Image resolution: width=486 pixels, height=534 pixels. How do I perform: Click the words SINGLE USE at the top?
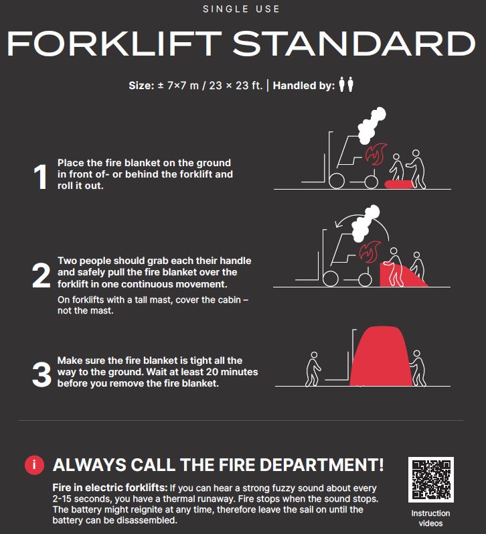pos(242,9)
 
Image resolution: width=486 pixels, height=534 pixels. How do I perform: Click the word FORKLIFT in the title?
pos(114,44)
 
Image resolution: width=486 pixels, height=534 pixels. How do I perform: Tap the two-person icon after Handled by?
pos(345,85)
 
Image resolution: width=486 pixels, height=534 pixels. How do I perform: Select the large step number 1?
pos(40,178)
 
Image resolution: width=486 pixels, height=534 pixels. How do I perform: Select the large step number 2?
pos(41,275)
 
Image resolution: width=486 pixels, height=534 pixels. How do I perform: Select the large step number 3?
pos(41,375)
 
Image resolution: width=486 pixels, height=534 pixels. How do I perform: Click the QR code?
pos(430,480)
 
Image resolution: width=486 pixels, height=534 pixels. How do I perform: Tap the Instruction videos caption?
pos(430,518)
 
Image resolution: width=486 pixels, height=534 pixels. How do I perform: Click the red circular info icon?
pos(34,465)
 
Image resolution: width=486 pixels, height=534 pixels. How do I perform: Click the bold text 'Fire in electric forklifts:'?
pos(110,488)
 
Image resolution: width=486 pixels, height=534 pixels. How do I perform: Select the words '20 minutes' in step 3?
pos(234,372)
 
